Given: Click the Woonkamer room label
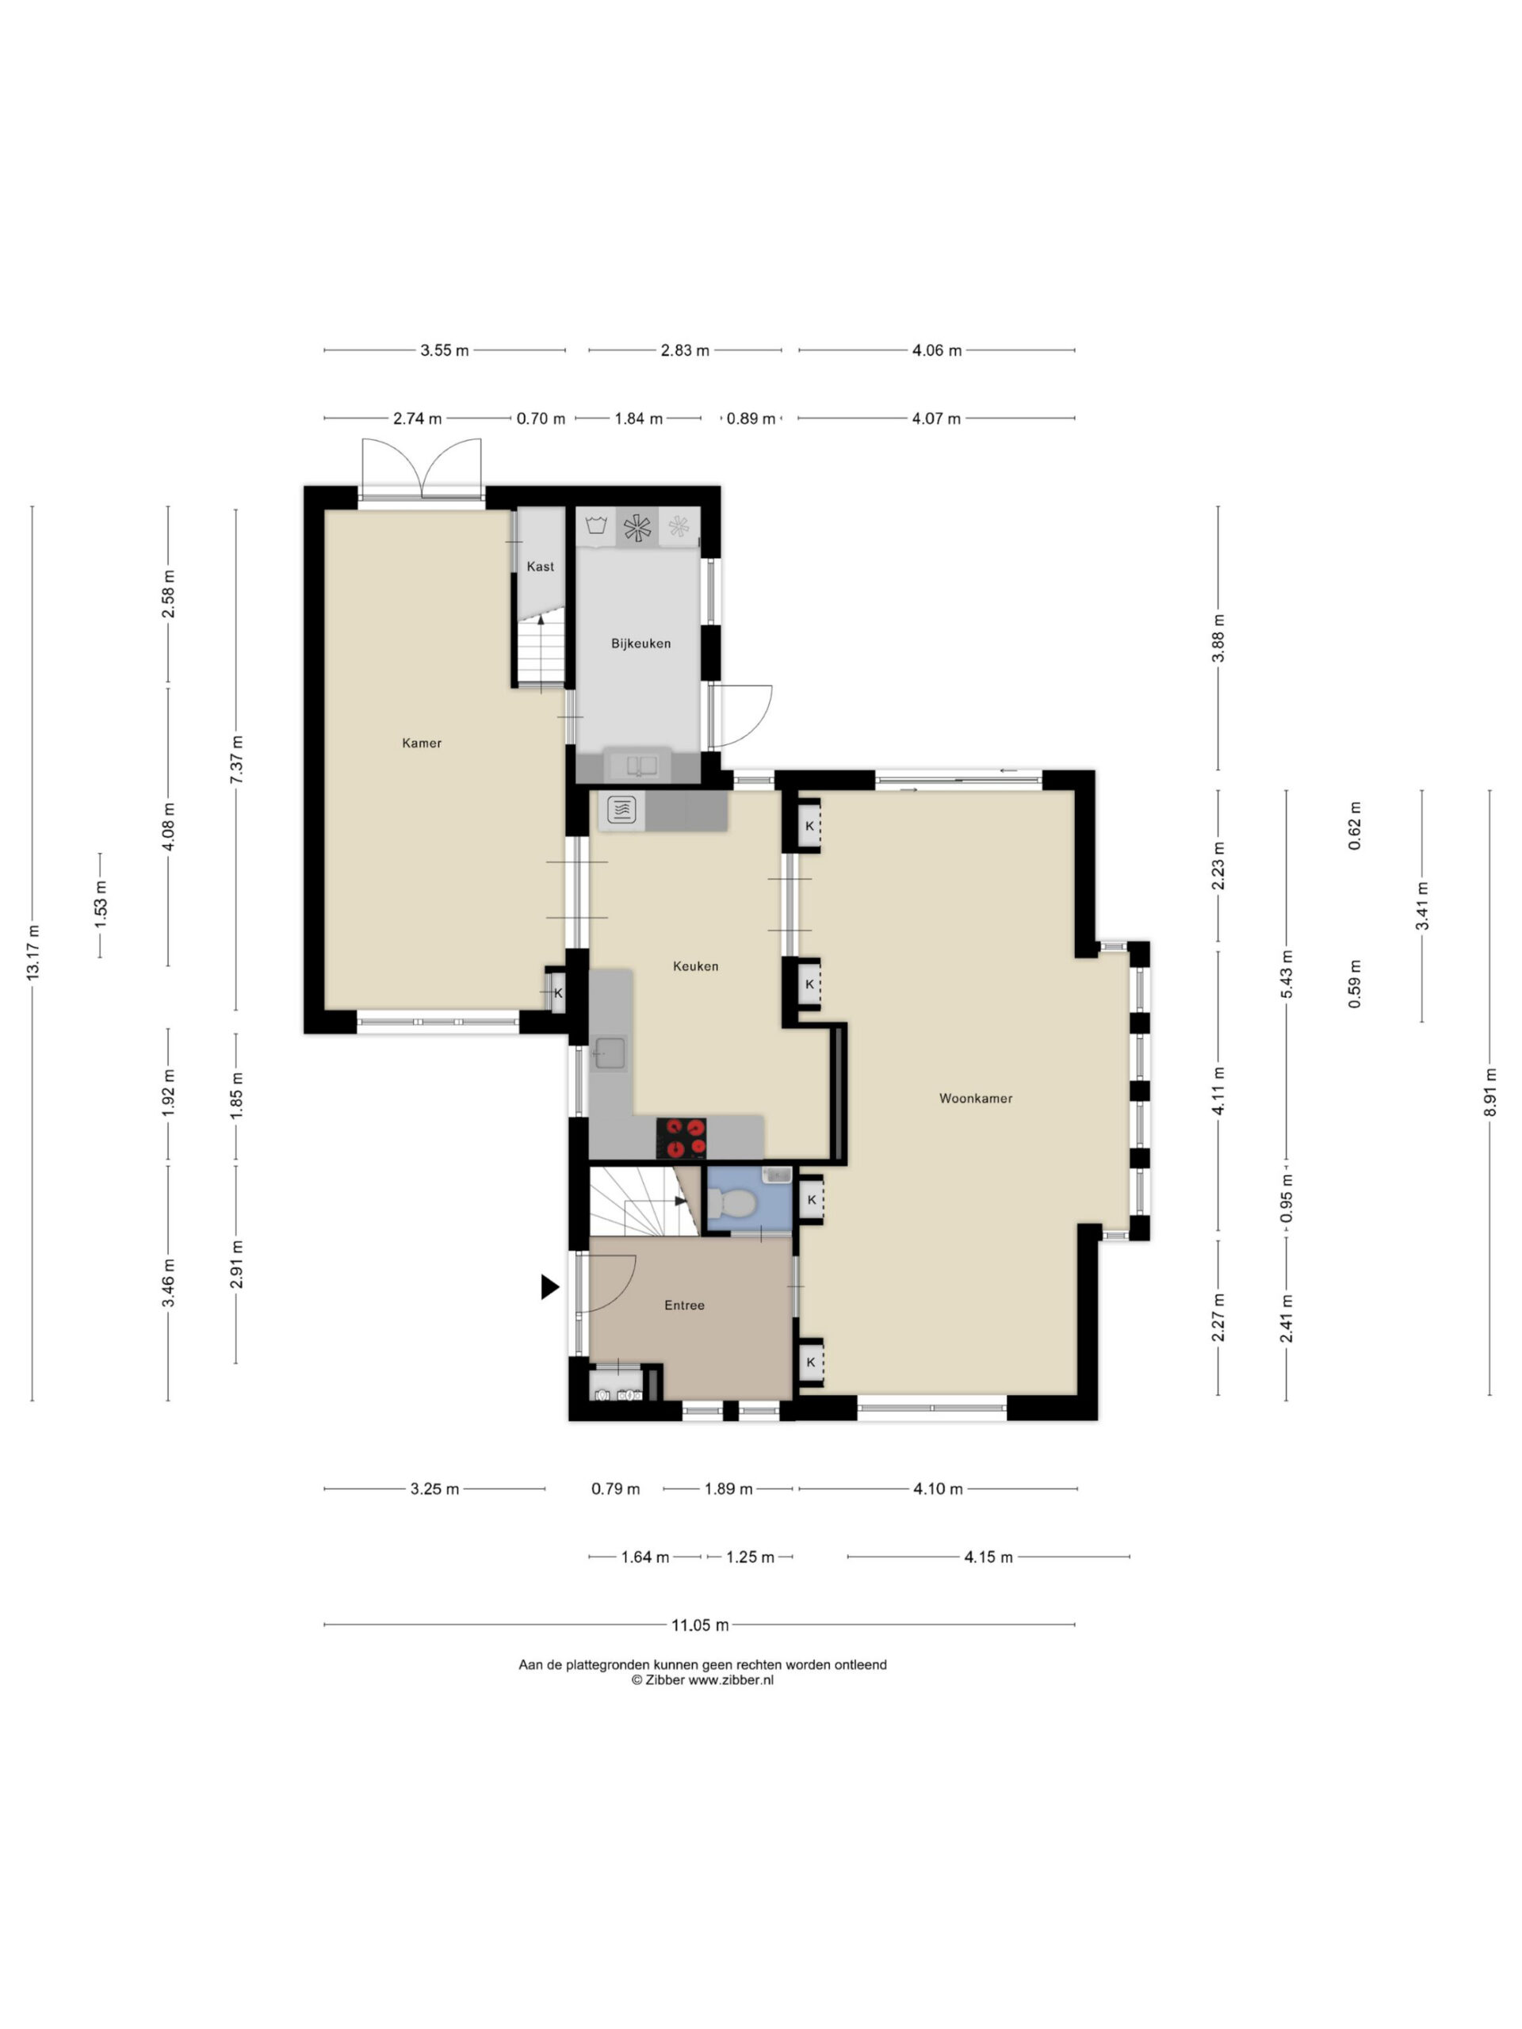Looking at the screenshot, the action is (975, 1098).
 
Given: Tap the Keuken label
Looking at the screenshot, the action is (695, 966).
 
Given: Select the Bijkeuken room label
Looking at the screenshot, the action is (641, 644).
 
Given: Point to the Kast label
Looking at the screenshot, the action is (541, 567).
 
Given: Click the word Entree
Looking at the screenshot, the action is (684, 1305).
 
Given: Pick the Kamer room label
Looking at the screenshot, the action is (422, 743).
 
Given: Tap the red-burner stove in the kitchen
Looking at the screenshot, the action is (681, 1138).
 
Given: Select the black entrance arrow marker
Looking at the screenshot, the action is (549, 1287).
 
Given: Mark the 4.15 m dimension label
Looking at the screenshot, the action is (988, 1557).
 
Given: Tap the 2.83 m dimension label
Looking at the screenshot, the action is (684, 350).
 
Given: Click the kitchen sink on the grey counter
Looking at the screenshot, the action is (609, 1053).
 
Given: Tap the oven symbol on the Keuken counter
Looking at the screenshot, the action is (622, 809).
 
